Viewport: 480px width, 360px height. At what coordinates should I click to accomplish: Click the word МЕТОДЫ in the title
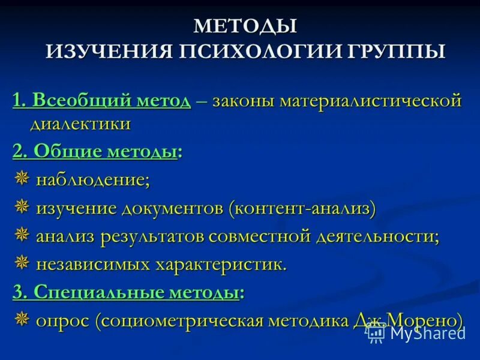(x=245, y=26)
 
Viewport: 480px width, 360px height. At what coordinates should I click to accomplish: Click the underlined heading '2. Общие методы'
(x=95, y=152)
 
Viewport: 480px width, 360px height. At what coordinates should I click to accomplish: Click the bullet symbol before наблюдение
(x=22, y=179)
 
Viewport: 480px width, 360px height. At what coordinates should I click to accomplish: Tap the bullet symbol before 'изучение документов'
(x=22, y=208)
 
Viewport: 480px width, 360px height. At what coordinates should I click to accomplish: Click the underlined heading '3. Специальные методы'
(x=126, y=292)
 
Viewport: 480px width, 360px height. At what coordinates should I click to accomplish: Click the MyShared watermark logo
(x=416, y=332)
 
